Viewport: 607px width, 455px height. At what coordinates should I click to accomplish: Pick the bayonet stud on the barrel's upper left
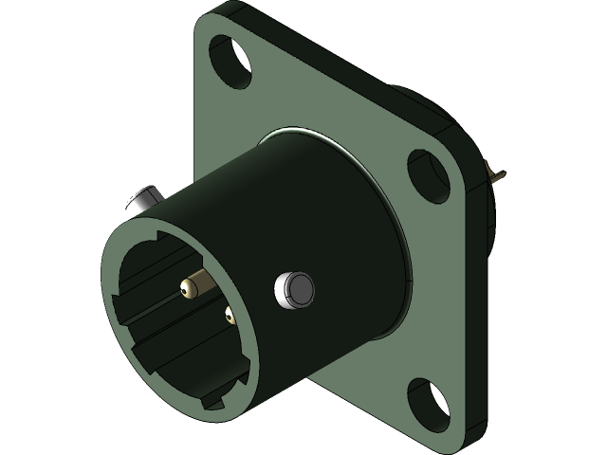tap(141, 201)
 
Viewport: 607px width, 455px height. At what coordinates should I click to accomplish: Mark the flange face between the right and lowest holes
tap(436, 284)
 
